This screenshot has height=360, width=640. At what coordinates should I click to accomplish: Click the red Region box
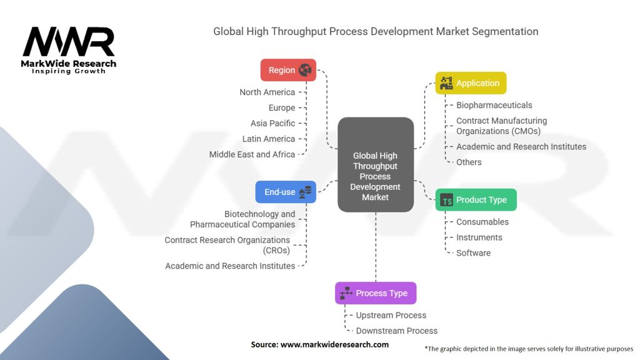(288, 70)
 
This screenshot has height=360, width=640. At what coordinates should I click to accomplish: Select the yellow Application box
(471, 83)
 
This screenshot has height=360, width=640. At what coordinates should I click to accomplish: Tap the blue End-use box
(286, 192)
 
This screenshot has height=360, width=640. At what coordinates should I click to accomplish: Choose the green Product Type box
(476, 200)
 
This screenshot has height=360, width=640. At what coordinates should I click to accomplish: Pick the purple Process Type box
(376, 293)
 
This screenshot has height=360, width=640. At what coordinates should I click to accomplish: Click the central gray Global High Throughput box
(376, 164)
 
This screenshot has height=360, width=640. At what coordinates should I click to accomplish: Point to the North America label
(267, 92)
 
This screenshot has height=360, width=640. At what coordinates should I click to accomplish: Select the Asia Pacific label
(272, 123)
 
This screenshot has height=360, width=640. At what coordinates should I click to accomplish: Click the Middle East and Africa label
(252, 154)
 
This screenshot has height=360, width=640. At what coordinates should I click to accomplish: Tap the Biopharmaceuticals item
(494, 105)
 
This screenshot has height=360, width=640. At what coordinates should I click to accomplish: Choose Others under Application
(469, 162)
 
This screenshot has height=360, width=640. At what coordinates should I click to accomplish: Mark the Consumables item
(482, 222)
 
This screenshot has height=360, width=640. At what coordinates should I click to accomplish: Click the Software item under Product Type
(473, 253)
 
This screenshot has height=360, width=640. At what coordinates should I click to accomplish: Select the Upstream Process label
(391, 315)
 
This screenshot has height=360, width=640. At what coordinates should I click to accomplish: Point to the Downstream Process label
(396, 331)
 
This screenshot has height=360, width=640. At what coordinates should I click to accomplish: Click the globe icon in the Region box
(305, 70)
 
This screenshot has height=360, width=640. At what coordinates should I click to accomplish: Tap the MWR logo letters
(69, 42)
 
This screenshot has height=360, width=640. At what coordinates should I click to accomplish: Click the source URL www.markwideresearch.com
(334, 344)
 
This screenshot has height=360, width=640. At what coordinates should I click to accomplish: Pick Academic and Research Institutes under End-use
(230, 266)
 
